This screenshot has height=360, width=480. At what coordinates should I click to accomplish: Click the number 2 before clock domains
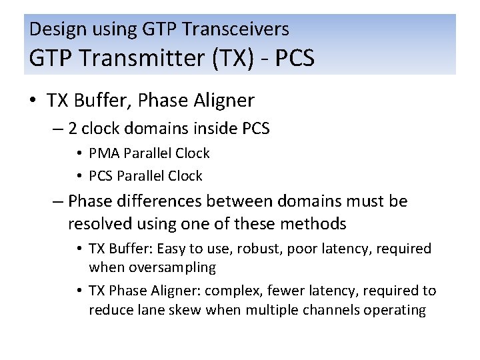point(73,128)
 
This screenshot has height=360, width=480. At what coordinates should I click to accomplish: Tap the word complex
point(229,291)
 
